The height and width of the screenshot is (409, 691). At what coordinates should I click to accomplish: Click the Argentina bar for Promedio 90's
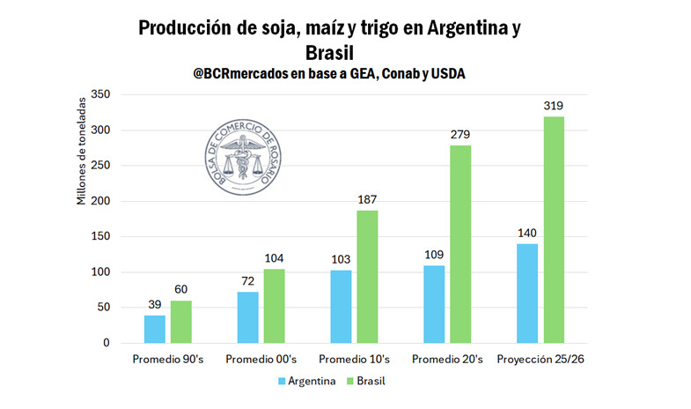pyautogui.click(x=155, y=329)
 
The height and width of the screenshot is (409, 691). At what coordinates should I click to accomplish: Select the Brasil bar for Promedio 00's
pyautogui.click(x=274, y=306)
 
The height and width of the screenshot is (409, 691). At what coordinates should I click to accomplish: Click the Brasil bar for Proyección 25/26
pyautogui.click(x=554, y=229)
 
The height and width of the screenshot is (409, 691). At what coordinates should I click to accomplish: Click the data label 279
pyautogui.click(x=460, y=135)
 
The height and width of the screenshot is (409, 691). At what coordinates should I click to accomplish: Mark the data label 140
pyautogui.click(x=526, y=234)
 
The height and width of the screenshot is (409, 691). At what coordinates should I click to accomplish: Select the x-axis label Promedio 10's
pyautogui.click(x=354, y=360)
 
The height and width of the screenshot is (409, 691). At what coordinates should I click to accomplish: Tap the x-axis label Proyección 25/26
pyautogui.click(x=540, y=360)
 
